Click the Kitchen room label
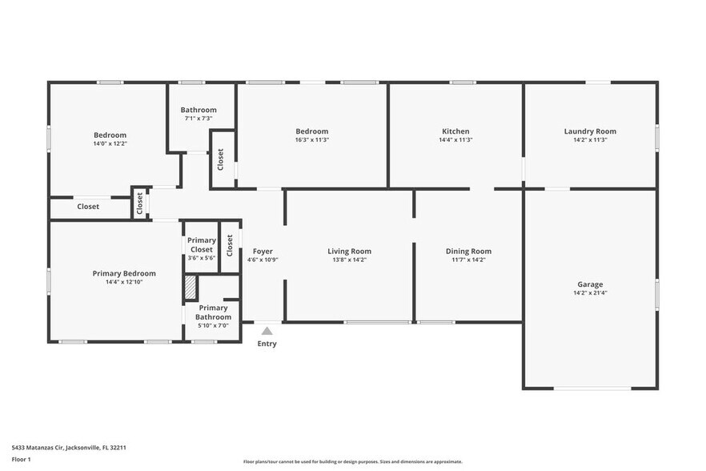click(x=455, y=131)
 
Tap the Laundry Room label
click(x=590, y=131)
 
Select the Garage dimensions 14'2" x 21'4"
click(x=590, y=293)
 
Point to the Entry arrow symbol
click(x=267, y=330)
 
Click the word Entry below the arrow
click(x=267, y=344)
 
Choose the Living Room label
click(x=349, y=251)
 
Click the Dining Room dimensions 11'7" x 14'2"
click(x=468, y=260)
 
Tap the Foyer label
click(x=263, y=251)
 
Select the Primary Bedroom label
click(x=123, y=273)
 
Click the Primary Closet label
click(x=201, y=244)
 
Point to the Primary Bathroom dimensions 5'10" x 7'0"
click(x=213, y=325)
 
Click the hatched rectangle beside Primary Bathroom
click(x=191, y=288)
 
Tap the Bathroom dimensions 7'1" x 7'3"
click(x=198, y=119)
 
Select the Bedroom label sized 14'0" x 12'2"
click(x=110, y=135)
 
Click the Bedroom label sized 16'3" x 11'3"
click(x=311, y=131)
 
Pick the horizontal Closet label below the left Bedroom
click(x=88, y=207)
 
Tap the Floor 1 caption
click(x=21, y=459)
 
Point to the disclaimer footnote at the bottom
click(x=352, y=462)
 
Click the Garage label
click(x=590, y=284)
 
